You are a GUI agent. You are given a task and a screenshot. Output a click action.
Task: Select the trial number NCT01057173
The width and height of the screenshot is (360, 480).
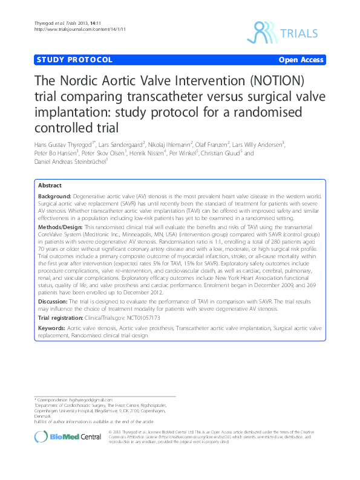click(143, 317)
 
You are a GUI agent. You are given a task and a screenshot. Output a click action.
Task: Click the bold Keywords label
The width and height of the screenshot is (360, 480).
click(51, 327)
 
